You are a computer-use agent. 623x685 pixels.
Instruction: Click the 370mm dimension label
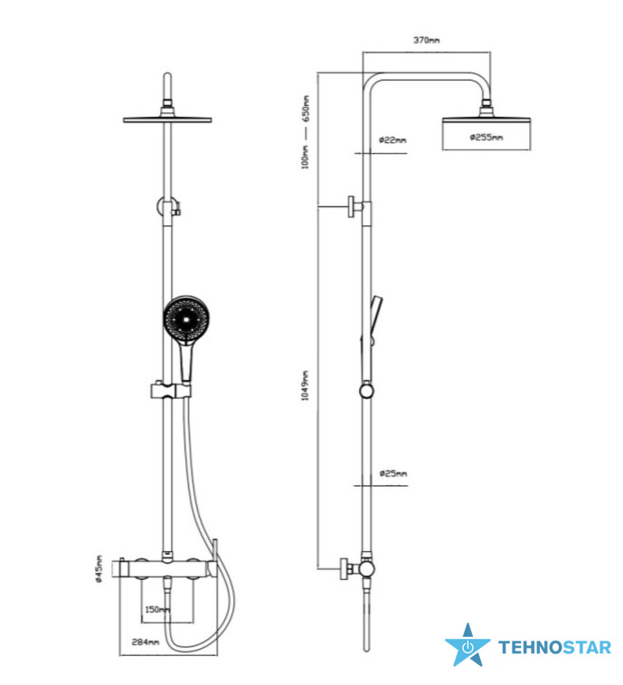[427, 40]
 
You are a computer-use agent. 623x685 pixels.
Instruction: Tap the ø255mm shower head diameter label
[486, 138]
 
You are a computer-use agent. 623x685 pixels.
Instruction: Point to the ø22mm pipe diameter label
[392, 140]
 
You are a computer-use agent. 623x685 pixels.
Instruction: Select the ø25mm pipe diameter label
[393, 473]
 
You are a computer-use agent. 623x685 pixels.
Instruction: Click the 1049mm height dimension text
[305, 385]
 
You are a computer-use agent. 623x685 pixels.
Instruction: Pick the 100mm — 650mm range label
[306, 132]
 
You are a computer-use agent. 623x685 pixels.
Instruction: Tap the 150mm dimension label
[157, 609]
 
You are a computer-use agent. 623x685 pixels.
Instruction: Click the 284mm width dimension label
[146, 642]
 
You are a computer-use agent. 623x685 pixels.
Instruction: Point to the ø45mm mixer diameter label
[99, 569]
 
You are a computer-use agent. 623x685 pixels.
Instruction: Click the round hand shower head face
[187, 319]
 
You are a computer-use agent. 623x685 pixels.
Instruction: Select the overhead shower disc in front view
[167, 119]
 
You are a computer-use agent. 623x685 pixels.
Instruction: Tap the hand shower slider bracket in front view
[170, 390]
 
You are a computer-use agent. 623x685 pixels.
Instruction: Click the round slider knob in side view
[367, 391]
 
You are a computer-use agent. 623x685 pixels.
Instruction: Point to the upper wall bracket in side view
[355, 207]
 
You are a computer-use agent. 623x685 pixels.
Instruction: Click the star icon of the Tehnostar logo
[467, 646]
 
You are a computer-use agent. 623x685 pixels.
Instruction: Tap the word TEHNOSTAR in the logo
[554, 647]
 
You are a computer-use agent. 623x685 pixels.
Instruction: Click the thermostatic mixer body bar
[168, 569]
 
